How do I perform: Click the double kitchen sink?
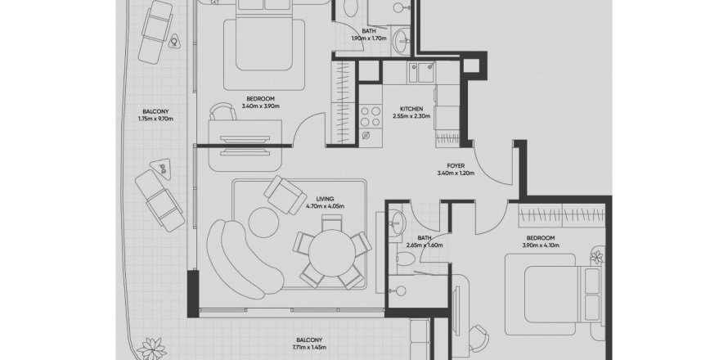tap(424, 74)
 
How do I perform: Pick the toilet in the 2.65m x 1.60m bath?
tap(404, 261)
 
